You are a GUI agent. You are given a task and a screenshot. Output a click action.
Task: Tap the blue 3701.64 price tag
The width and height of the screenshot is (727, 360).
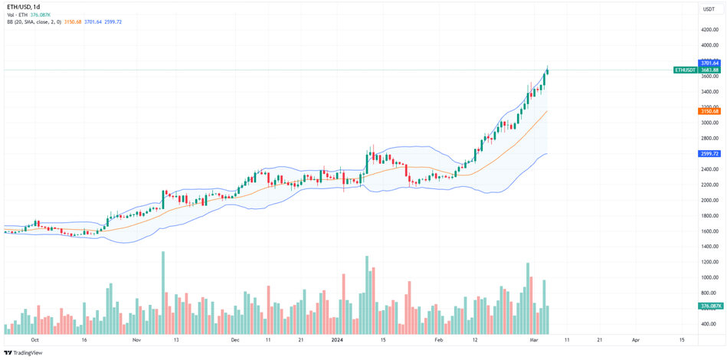click(709, 63)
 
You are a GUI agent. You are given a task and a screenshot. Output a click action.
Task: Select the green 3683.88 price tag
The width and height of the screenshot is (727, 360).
click(709, 70)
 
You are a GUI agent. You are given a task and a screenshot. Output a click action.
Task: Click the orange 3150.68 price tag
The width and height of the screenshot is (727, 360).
click(709, 111)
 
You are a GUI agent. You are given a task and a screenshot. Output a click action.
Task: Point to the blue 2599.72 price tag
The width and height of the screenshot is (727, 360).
click(709, 154)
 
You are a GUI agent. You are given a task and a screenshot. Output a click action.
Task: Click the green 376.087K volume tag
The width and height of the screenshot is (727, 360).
click(709, 306)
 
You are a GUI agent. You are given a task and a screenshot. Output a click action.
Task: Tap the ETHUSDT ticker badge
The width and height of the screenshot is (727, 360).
click(685, 70)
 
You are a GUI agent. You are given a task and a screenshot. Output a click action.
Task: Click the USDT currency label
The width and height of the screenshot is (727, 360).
click(709, 9)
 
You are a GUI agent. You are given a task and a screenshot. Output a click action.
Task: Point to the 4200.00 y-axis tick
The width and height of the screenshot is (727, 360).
click(709, 30)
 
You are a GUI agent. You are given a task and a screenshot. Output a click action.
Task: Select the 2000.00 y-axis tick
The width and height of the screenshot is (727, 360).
click(709, 201)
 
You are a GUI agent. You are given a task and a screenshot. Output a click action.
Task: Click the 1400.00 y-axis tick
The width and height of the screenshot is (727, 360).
click(709, 247)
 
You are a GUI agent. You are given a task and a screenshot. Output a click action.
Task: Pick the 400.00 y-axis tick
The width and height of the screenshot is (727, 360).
click(709, 324)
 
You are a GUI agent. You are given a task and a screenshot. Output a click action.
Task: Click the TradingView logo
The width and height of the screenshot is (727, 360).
click(23, 353)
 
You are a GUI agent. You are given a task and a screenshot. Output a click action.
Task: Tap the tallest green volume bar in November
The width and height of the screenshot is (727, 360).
click(163, 291)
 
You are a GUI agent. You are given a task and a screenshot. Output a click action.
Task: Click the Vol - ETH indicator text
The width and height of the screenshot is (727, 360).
click(18, 15)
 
